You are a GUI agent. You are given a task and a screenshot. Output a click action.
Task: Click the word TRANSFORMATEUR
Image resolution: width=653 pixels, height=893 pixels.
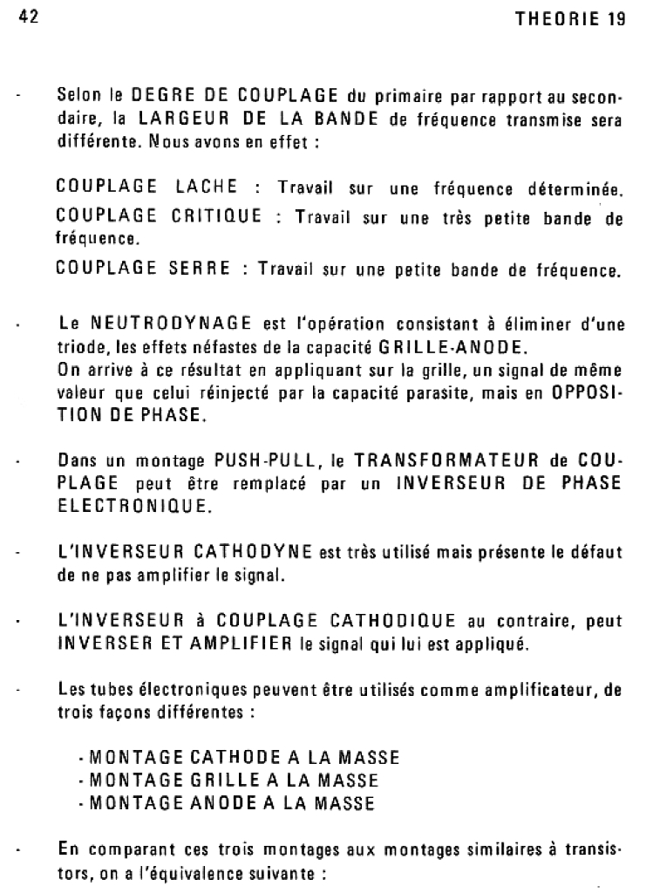coord(436,460)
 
